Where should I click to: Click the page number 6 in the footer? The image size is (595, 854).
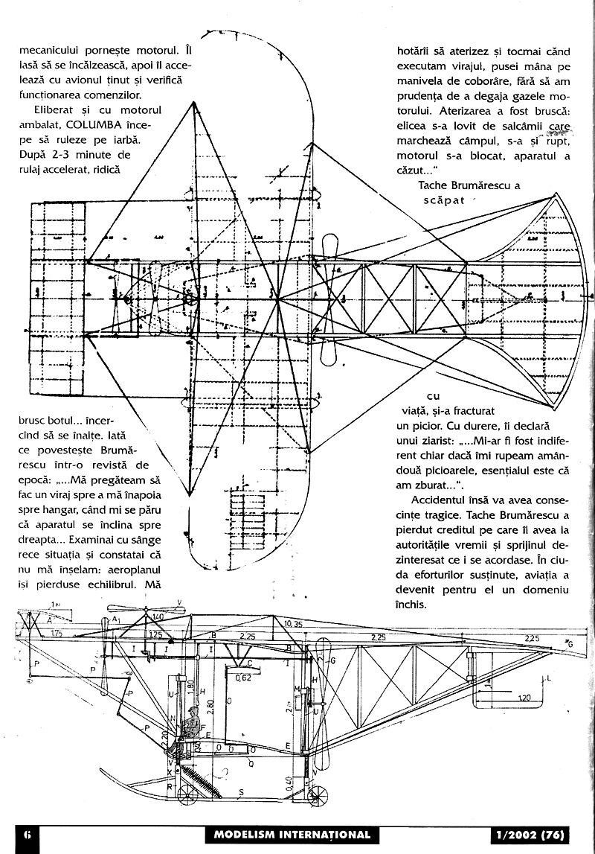pyautogui.click(x=26, y=835)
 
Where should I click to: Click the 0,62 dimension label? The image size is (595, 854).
pyautogui.click(x=242, y=678)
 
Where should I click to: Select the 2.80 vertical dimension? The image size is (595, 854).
pyautogui.click(x=210, y=707)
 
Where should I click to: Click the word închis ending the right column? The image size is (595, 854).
pyautogui.click(x=413, y=605)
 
